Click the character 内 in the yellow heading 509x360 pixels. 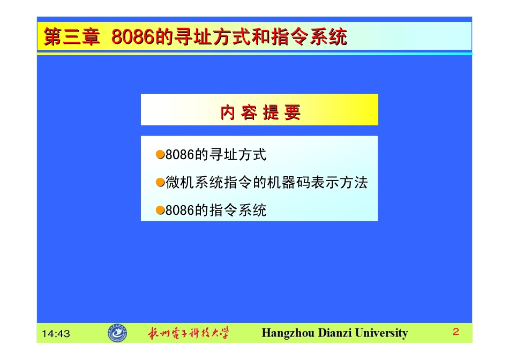click(228, 112)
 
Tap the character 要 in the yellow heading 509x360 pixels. click(293, 112)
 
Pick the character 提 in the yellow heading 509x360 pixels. click(271, 112)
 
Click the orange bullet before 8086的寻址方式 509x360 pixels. click(160, 155)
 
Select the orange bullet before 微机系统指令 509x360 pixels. click(160, 183)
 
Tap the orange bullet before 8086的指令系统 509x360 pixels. click(160, 210)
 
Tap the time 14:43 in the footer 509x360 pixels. click(56, 334)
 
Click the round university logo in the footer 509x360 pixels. click(117, 333)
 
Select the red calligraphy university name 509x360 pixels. click(189, 333)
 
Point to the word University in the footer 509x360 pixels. click(381, 333)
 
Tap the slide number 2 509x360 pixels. click(456, 332)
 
